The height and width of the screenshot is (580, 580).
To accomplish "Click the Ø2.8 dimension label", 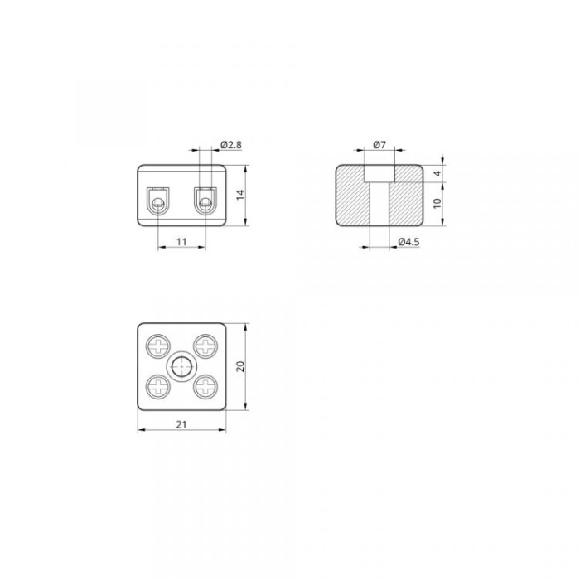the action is click(x=231, y=145).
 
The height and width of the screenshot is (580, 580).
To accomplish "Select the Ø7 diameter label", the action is click(x=379, y=145).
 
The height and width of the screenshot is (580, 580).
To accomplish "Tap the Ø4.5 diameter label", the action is click(x=408, y=242).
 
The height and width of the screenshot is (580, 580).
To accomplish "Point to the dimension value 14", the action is click(x=240, y=195).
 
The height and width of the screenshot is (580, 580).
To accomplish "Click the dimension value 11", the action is click(x=181, y=242).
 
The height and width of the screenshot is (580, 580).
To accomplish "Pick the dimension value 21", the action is click(x=181, y=424).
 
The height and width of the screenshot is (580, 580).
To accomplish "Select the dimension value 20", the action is click(x=240, y=366).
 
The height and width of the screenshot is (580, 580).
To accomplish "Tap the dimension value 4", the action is click(x=437, y=173).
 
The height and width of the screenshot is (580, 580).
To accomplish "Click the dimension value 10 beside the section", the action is click(x=437, y=204).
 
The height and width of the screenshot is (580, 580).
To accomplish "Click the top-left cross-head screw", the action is click(x=158, y=346).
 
